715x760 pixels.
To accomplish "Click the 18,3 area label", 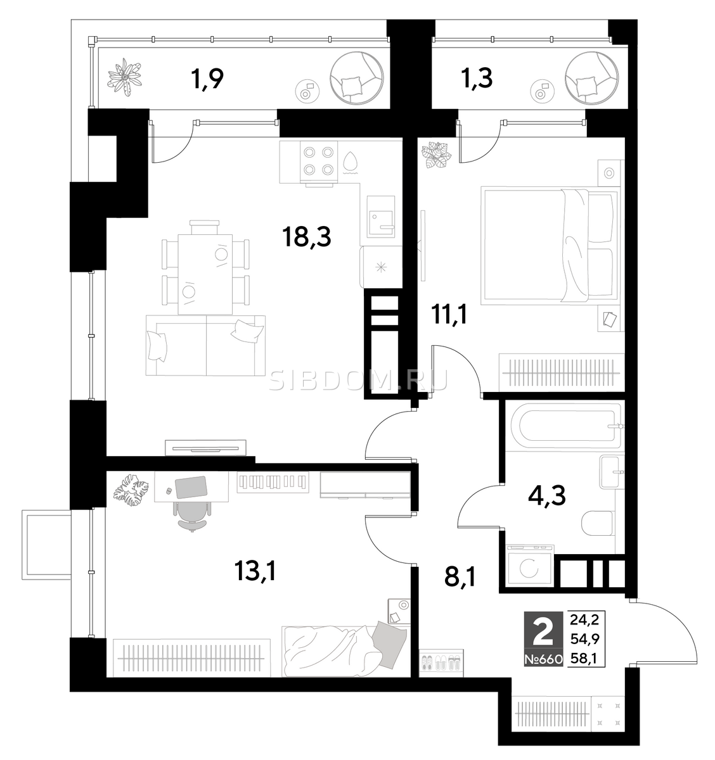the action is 306,237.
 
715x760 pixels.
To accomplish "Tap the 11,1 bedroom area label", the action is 449,316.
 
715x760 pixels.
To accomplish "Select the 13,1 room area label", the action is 255,573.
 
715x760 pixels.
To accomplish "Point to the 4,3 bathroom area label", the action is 546,497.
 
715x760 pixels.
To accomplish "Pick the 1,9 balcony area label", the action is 207,79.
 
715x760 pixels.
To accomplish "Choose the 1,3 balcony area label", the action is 477,79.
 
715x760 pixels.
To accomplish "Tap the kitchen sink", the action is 380,217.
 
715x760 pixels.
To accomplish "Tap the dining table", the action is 205,274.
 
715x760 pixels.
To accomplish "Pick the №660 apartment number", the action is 543,659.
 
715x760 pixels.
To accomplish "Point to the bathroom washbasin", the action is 612,472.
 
